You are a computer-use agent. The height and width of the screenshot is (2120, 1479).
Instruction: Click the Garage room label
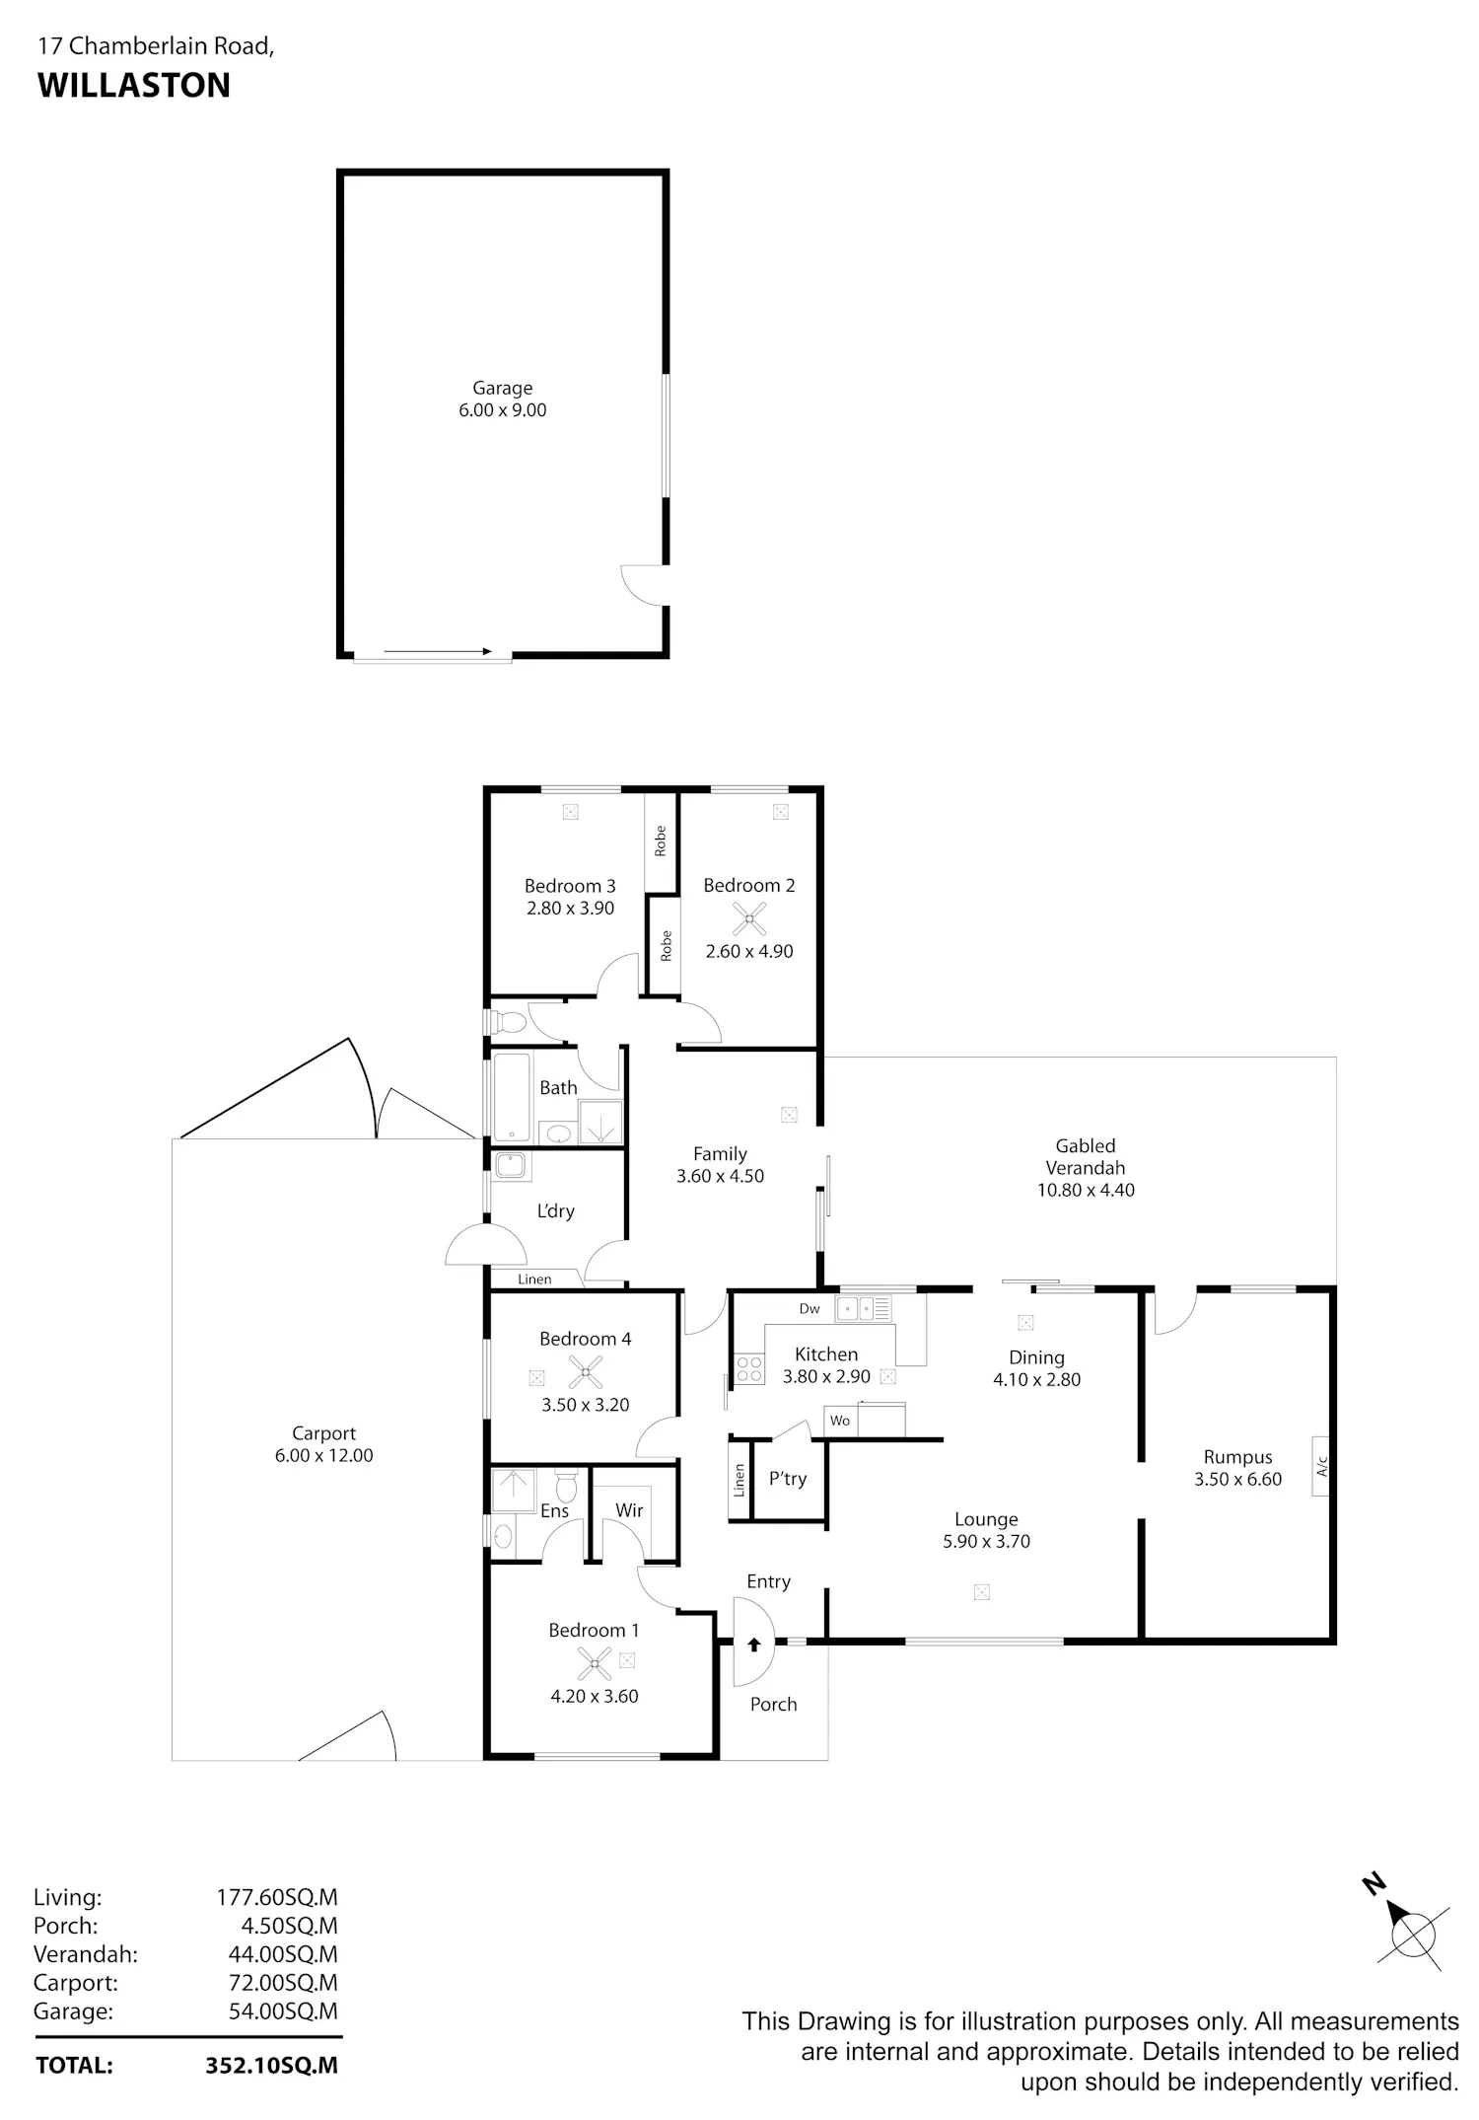click(502, 389)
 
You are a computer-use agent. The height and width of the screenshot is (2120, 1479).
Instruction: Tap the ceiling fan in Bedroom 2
click(749, 918)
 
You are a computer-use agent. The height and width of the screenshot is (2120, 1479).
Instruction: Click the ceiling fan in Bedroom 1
click(594, 1663)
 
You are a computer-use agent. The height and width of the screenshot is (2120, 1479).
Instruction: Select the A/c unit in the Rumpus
click(1320, 1466)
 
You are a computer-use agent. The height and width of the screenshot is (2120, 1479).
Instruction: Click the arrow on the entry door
click(754, 1644)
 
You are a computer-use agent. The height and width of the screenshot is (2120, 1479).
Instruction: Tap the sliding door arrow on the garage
click(438, 651)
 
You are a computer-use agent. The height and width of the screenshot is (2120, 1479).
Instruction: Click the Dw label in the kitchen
click(810, 1308)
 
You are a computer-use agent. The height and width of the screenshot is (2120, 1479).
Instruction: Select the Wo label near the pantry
click(840, 1421)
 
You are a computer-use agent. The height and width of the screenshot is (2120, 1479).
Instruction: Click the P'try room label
click(788, 1478)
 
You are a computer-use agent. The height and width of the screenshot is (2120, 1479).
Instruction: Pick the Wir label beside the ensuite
click(629, 1509)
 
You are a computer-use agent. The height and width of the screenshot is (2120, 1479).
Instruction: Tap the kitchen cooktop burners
click(749, 1369)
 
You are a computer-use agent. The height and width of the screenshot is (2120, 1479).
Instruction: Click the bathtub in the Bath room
click(511, 1097)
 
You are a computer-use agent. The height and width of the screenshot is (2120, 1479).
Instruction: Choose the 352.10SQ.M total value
click(271, 2065)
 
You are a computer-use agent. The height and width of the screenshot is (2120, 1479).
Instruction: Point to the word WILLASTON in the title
click(134, 86)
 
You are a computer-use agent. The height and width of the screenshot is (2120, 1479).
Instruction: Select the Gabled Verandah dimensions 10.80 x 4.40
click(1086, 1190)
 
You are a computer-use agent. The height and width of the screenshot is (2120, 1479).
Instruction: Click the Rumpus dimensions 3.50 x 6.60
click(1237, 1479)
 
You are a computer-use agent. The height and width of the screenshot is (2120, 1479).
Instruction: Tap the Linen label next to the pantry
click(739, 1480)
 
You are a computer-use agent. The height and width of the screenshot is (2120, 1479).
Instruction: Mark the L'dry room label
click(555, 1210)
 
